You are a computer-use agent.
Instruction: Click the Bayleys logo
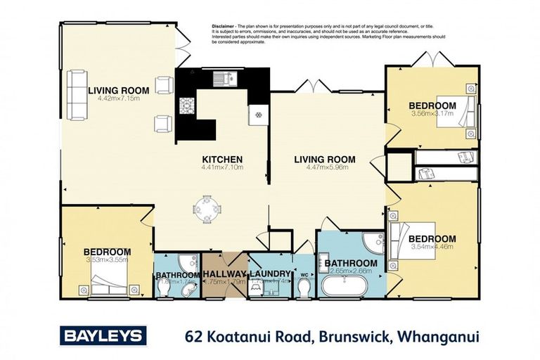[103, 335]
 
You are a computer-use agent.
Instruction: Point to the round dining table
[207, 209]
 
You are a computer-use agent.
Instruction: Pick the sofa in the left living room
[75, 95]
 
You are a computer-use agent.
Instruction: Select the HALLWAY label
[224, 274]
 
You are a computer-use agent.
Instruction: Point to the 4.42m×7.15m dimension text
[118, 99]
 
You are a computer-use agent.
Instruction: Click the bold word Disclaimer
[224, 26]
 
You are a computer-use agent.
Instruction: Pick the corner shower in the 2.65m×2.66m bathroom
[372, 243]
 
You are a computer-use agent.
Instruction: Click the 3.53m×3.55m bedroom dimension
[107, 260]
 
